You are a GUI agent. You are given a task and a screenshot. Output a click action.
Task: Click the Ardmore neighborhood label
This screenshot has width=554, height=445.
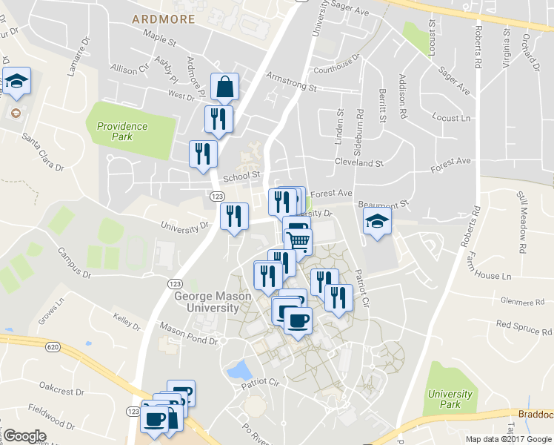tap(164, 19)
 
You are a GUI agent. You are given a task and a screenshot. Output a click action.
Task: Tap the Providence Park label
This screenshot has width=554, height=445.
tap(122, 131)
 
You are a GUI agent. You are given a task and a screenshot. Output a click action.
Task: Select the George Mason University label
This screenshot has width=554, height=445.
tap(212, 302)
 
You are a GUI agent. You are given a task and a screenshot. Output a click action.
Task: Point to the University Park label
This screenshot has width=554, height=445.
tap(450, 399)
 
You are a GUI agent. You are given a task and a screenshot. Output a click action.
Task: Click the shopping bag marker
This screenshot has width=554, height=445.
tap(224, 87)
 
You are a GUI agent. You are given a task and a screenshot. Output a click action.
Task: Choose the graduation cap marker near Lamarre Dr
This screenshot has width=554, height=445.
tap(16, 82)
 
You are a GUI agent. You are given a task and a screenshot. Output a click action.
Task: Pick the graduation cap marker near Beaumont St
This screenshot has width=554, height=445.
tap(377, 221)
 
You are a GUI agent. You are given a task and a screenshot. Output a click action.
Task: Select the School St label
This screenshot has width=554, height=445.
tap(243, 176)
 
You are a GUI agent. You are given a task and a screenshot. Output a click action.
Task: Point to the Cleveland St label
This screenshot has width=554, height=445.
tap(358, 162)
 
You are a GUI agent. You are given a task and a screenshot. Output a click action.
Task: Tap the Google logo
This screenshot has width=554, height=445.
tap(24, 436)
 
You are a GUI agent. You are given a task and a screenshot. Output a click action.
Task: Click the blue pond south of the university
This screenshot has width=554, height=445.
tap(240, 369)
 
